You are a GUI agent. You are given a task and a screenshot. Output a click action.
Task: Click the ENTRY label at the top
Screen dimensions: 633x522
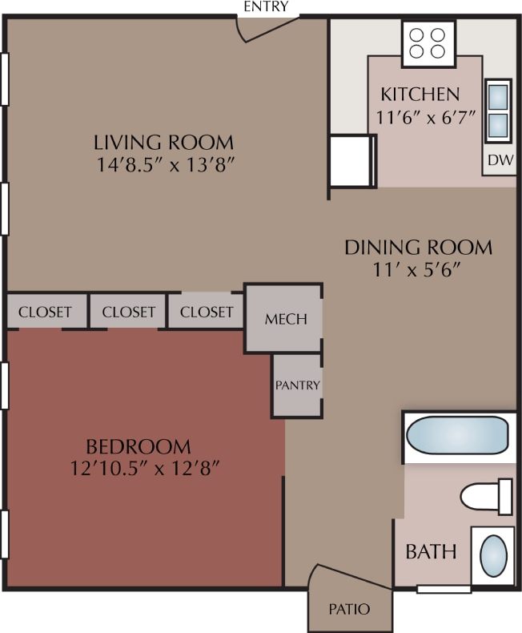pyautogui.click(x=267, y=7)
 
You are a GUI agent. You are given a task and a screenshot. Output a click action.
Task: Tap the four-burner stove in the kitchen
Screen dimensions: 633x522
pyautogui.click(x=428, y=42)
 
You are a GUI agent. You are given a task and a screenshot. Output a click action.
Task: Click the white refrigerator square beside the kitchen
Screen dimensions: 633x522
pyautogui.click(x=351, y=161)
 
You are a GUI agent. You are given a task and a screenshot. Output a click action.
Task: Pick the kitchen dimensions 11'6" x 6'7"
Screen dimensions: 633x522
pyautogui.click(x=426, y=115)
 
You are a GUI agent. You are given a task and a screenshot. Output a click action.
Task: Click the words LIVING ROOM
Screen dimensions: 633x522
pyautogui.click(x=164, y=143)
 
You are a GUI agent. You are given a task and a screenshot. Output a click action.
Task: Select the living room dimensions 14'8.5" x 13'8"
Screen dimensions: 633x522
pyautogui.click(x=164, y=164)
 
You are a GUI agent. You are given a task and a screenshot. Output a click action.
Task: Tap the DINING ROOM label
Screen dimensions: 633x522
pyautogui.click(x=418, y=247)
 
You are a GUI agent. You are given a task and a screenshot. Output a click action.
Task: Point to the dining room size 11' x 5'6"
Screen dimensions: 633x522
pyautogui.click(x=418, y=269)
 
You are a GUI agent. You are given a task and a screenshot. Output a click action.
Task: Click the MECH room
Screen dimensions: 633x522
pyautogui.click(x=285, y=318)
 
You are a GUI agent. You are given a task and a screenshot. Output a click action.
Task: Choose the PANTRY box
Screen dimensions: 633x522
pyautogui.click(x=298, y=385)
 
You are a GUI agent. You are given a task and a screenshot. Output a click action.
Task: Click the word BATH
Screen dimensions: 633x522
pyautogui.click(x=431, y=552)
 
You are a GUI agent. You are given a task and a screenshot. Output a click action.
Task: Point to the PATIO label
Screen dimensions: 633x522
pyautogui.click(x=350, y=609)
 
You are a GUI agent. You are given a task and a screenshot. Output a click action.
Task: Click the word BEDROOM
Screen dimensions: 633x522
pyautogui.click(x=139, y=446)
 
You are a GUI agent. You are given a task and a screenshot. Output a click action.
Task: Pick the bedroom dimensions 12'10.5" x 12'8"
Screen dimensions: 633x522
pyautogui.click(x=144, y=468)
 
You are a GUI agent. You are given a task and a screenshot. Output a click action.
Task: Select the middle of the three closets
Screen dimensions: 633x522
pyautogui.click(x=128, y=312)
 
